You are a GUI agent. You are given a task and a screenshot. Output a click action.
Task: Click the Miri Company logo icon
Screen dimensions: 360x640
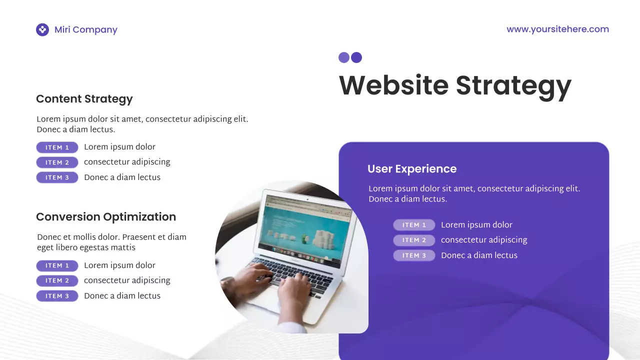click(42, 30)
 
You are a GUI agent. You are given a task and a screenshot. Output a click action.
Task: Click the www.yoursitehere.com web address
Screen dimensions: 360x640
click(557, 29)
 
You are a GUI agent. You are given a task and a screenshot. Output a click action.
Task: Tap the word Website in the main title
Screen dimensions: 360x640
click(393, 85)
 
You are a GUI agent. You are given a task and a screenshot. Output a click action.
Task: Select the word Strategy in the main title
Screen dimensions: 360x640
click(513, 85)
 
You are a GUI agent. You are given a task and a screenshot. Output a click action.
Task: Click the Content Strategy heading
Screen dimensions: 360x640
click(84, 99)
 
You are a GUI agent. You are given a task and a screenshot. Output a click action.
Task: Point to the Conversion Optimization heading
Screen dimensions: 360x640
click(106, 217)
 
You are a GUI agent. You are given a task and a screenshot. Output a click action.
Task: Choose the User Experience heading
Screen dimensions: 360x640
click(412, 169)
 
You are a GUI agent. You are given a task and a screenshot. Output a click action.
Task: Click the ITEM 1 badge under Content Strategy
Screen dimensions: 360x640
click(57, 147)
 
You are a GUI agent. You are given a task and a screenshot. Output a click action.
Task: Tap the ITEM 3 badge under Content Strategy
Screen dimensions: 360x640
click(57, 177)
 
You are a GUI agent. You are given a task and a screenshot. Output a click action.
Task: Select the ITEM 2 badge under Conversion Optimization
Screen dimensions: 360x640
click(57, 281)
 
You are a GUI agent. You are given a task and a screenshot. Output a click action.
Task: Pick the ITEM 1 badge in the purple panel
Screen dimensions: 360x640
click(414, 225)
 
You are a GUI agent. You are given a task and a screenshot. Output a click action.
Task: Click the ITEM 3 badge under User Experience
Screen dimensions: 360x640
click(414, 255)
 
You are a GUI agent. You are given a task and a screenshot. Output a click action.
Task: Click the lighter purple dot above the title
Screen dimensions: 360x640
click(344, 57)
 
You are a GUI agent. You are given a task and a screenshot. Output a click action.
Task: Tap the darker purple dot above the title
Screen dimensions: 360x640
click(356, 57)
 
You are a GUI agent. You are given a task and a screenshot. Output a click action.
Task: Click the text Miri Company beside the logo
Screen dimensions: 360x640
click(86, 30)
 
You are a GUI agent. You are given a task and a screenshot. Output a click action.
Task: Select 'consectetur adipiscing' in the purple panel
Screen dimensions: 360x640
click(484, 240)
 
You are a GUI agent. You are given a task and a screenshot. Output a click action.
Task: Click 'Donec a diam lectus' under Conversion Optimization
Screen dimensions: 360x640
click(122, 296)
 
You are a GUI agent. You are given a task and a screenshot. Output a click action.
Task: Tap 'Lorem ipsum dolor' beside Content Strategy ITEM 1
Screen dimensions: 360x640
click(119, 147)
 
